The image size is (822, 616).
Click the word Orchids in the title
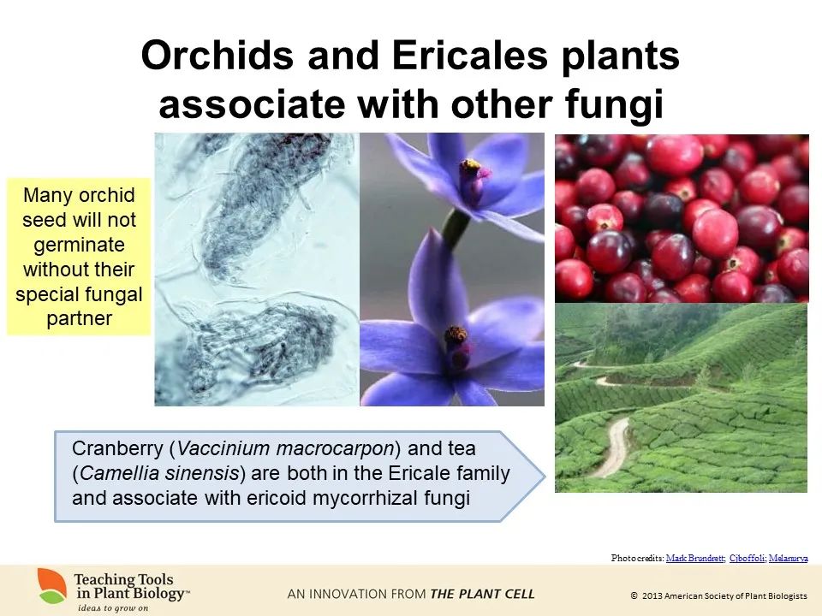(217, 55)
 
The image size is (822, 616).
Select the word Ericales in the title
(470, 55)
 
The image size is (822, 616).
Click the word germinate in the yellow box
(79, 246)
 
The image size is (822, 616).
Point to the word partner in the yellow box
(79, 318)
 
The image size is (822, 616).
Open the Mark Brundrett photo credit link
(695, 558)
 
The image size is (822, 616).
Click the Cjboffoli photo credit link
(747, 558)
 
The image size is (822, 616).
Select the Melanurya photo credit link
(788, 558)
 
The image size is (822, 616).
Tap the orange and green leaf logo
(52, 585)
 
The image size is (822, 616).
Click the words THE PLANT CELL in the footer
(482, 594)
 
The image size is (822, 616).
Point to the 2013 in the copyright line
(652, 596)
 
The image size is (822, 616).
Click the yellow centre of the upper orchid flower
(470, 165)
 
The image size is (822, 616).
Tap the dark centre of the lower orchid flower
(457, 335)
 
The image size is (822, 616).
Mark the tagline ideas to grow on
(113, 608)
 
